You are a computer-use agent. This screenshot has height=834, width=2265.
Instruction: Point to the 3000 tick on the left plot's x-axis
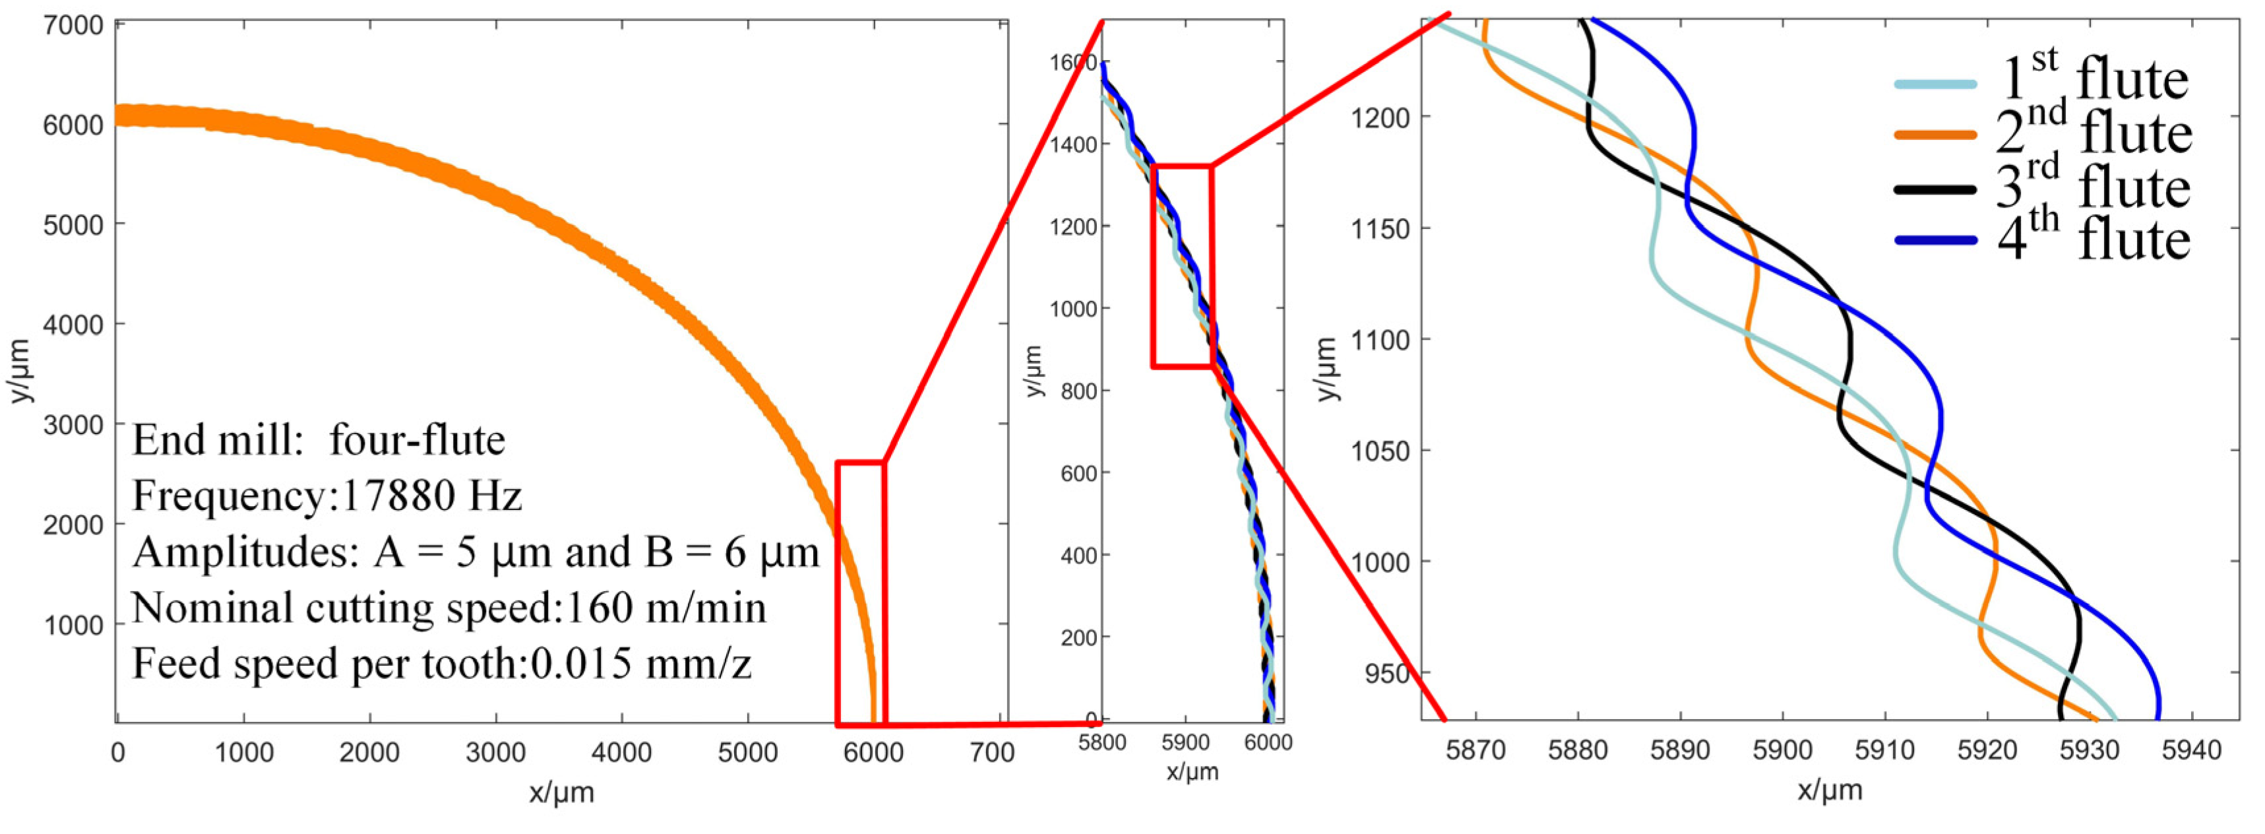tap(496, 752)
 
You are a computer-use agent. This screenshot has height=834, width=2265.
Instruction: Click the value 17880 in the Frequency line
tap(398, 497)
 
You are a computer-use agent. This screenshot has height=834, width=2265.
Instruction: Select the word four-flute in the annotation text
tap(418, 441)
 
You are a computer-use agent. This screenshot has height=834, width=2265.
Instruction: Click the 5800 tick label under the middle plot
tap(1101, 744)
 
